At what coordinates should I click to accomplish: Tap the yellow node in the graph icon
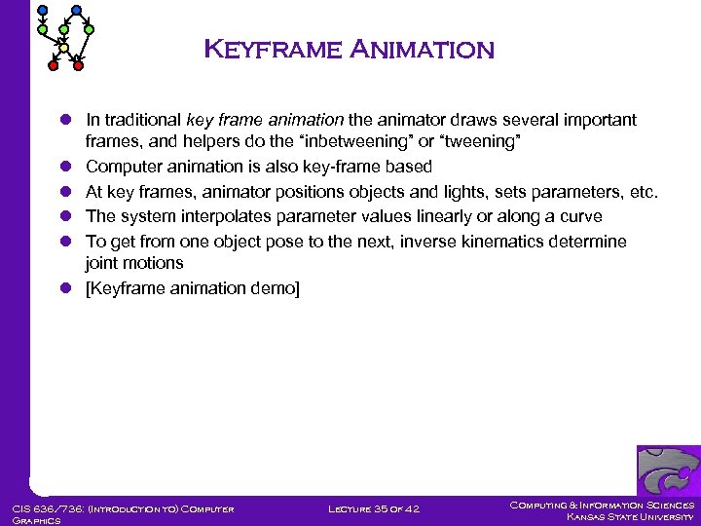coord(63,48)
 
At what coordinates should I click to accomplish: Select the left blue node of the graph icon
coord(41,11)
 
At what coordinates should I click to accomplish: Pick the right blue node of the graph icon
coord(76,11)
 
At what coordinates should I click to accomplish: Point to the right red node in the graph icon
coord(79,66)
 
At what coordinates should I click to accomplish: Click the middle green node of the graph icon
coord(65,30)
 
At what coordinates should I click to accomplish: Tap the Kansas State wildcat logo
coord(668,472)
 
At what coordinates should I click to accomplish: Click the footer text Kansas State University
coord(631,516)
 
